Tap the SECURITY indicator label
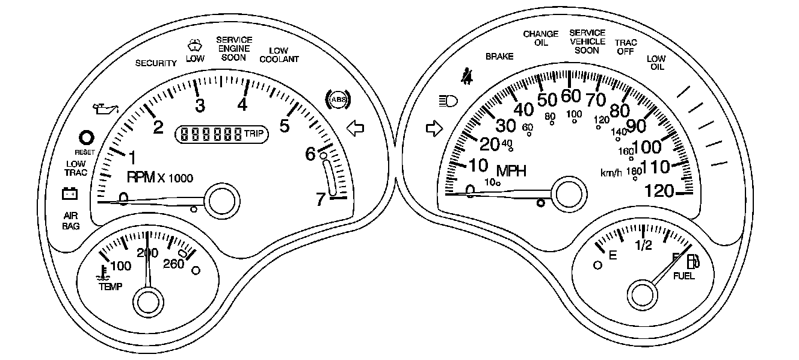156,63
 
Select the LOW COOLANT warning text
279,55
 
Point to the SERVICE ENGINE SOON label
234,49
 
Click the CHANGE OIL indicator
540,39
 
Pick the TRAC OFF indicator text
626,47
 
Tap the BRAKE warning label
499,57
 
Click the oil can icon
105,109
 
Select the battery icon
70,193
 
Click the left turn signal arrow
356,128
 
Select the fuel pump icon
693,262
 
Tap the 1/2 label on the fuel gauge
643,245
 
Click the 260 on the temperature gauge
173,264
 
